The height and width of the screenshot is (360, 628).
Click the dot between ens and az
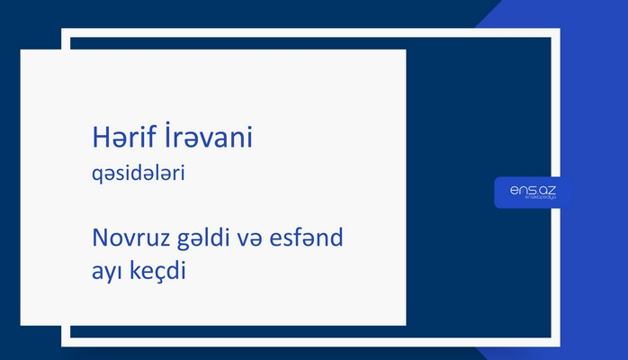(x=537, y=193)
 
